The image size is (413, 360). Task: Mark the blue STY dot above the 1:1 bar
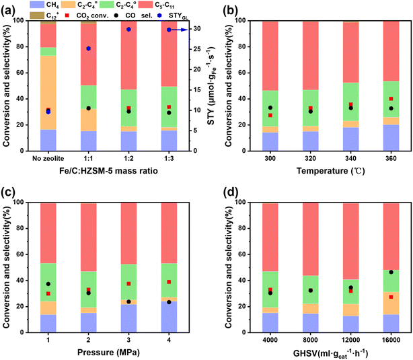point(88,48)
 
